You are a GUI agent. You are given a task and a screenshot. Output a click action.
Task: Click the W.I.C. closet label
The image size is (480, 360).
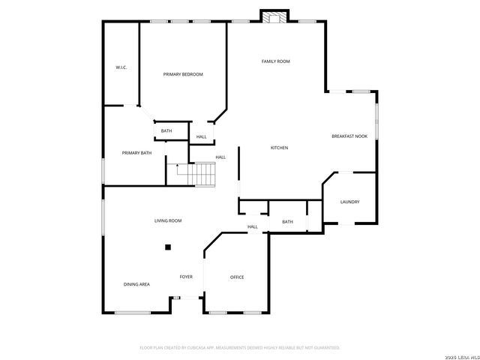121,68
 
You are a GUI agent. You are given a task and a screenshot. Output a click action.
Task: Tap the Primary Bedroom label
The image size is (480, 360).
183,74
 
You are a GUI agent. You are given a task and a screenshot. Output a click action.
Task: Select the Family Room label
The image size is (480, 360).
275,61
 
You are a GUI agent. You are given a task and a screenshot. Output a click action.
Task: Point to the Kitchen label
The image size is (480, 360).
279,148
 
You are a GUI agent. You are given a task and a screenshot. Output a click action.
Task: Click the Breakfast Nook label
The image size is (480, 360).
349,136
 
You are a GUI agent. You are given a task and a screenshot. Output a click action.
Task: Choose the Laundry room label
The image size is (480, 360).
349,202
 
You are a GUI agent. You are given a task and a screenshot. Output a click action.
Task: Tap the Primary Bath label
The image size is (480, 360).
136,153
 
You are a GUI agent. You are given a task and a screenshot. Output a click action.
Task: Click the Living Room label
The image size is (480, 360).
168,220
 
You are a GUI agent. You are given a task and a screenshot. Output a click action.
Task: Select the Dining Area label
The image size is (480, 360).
136,284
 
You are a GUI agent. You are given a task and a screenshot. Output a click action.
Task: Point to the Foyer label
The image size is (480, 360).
186,277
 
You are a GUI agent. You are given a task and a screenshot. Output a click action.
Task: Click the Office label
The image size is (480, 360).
236,277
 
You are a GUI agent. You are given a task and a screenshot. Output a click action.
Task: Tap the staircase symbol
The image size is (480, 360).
199,175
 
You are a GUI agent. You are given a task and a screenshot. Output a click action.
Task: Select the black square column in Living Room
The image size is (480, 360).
168,246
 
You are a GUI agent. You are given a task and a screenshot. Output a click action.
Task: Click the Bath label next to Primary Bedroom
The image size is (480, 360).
166,131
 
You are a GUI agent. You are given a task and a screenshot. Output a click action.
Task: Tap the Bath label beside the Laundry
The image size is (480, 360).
287,222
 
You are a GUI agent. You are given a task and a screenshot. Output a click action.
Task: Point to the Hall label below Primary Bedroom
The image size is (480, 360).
201,137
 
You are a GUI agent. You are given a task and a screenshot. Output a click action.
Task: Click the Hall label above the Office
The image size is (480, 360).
253,226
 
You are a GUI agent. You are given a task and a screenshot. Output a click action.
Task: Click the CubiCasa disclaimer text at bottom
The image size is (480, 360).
240,347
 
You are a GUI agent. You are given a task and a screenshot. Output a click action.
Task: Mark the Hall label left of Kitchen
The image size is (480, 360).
220,157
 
